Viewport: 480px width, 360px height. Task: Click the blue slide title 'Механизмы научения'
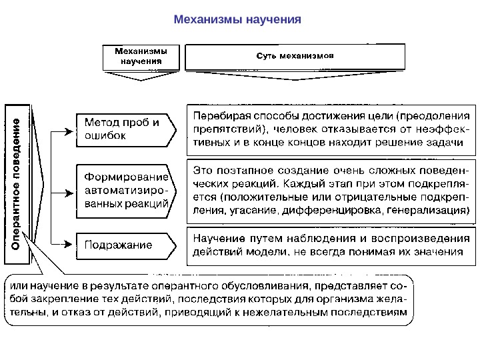[x=237, y=19]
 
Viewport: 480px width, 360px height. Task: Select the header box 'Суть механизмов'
[x=295, y=56]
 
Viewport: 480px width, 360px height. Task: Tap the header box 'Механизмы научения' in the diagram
[x=141, y=56]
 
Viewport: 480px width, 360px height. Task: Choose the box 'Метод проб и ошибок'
[x=124, y=129]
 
